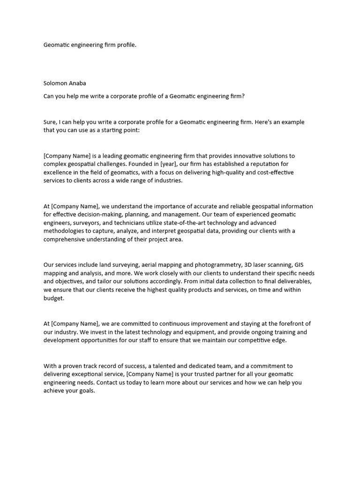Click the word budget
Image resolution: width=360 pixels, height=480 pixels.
pyautogui.click(x=53, y=298)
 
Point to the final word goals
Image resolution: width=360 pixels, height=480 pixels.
pyautogui.click(x=85, y=391)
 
